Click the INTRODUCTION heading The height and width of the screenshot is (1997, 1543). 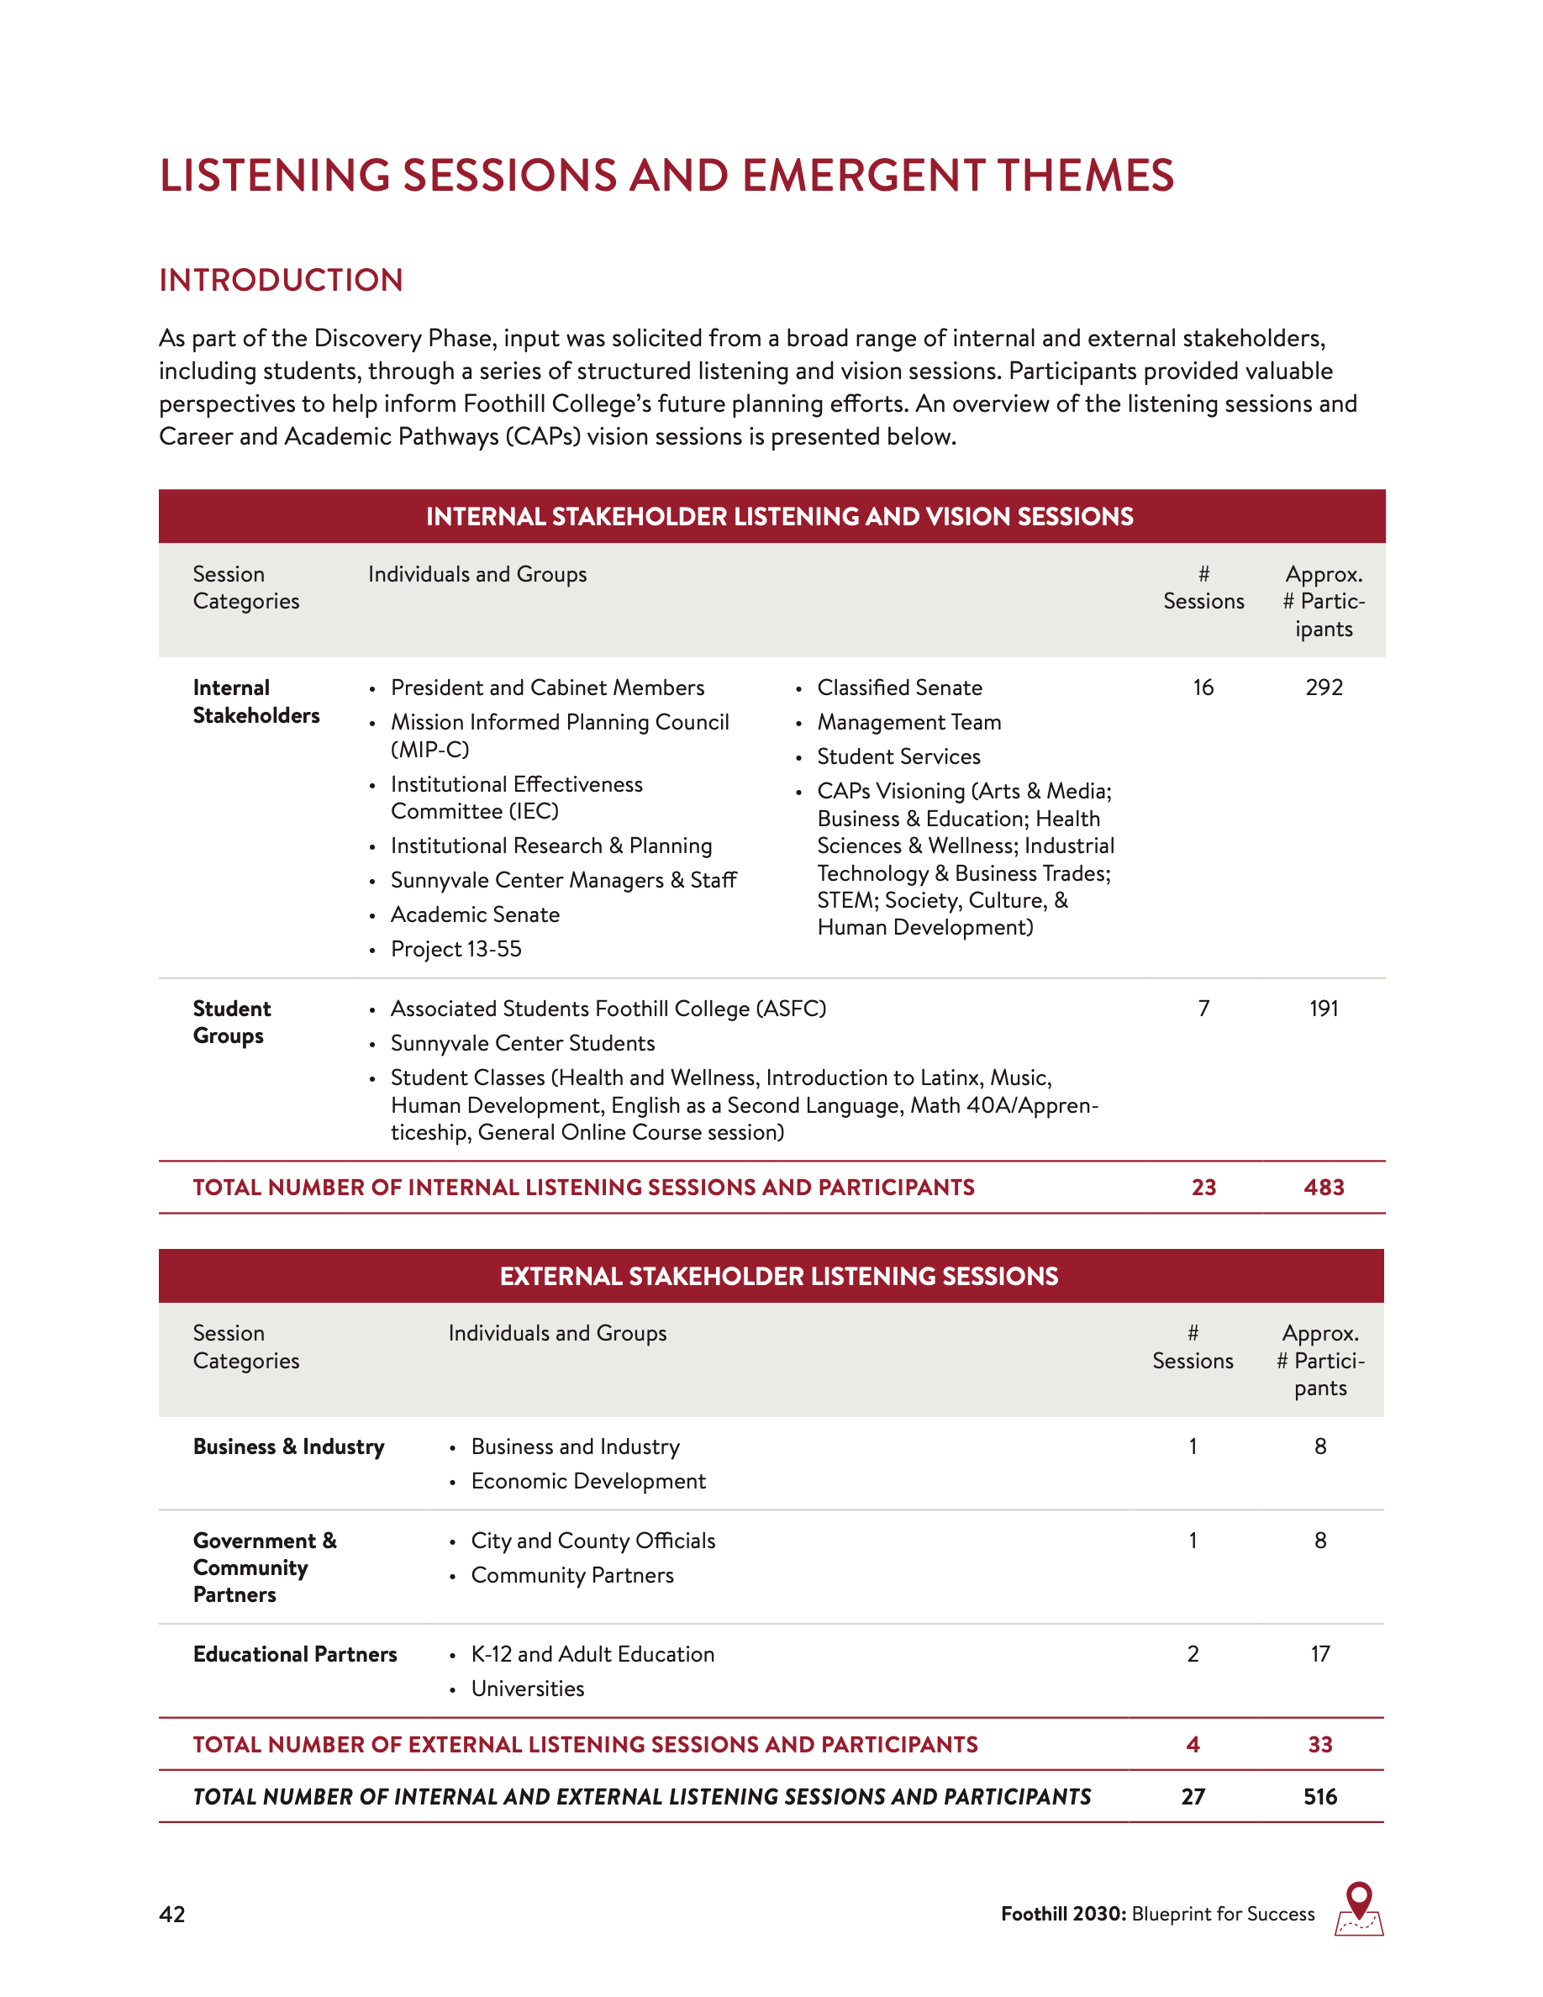(x=281, y=280)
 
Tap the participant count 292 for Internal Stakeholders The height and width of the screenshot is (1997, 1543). (x=1324, y=688)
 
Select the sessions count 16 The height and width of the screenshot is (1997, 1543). (x=1203, y=688)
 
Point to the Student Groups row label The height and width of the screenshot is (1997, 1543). (x=231, y=1022)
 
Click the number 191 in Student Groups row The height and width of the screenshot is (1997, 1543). (x=1324, y=1009)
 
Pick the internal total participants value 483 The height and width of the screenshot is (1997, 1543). (x=1324, y=1187)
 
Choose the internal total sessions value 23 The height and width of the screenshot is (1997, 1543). (x=1203, y=1187)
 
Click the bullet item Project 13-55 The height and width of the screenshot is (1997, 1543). (x=456, y=949)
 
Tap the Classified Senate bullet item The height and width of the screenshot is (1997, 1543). (x=899, y=688)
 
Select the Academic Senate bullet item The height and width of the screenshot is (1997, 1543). (x=476, y=914)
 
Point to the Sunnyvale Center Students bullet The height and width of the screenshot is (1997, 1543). (x=523, y=1043)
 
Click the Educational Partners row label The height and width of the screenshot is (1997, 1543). (x=294, y=1654)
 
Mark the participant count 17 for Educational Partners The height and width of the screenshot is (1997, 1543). (x=1320, y=1654)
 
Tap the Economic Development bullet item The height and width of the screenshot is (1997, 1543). (x=587, y=1481)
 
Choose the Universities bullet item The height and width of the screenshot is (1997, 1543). (x=528, y=1689)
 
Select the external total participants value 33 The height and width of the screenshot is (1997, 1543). (x=1320, y=1745)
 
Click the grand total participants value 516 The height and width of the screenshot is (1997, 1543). (x=1320, y=1797)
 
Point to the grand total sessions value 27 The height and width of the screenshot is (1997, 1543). (x=1193, y=1797)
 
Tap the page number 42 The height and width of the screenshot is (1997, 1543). (x=171, y=1915)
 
